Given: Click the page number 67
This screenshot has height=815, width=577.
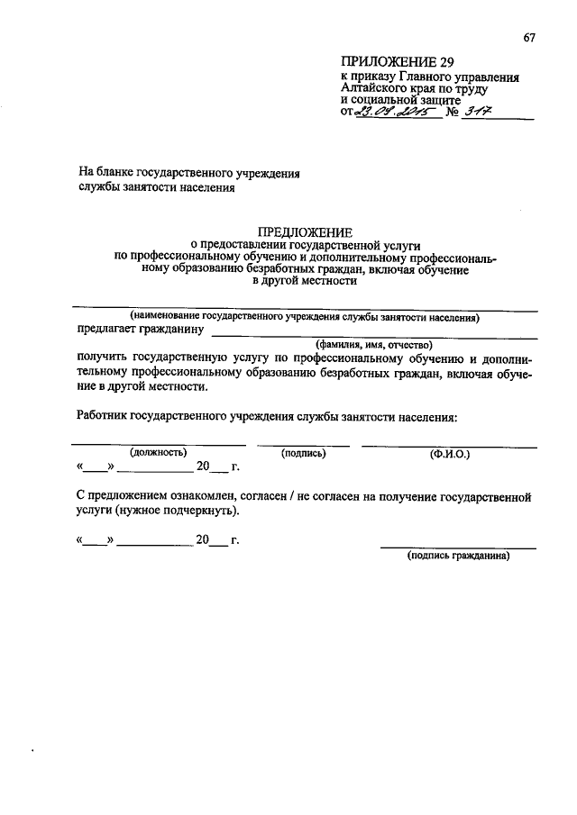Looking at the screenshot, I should [x=529, y=36].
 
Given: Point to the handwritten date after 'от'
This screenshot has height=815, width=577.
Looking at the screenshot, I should [x=394, y=113].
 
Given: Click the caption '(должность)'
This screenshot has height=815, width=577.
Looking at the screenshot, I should [x=159, y=452].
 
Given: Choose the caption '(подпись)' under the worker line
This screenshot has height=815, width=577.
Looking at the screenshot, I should [x=303, y=452].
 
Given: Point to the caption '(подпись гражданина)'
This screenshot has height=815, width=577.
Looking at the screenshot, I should [x=459, y=556].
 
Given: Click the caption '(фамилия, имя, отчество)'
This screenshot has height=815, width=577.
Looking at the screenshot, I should [x=374, y=344].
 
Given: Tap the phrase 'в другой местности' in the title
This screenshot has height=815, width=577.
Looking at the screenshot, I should [x=305, y=281].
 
